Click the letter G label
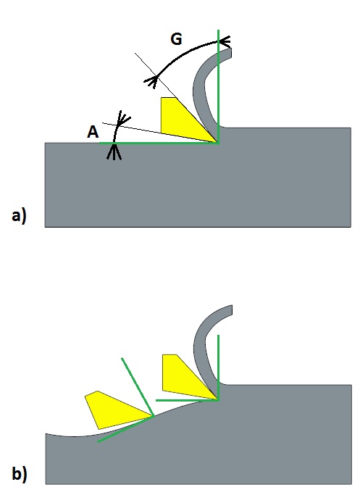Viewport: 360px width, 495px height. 176,39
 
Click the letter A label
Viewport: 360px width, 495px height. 93,132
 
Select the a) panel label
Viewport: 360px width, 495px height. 19,216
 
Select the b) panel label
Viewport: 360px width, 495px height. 20,473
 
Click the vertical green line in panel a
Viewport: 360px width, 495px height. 218,87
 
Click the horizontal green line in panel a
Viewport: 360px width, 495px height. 159,143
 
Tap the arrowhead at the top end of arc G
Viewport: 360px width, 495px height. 225,41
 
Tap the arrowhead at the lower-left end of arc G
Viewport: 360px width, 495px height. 151,81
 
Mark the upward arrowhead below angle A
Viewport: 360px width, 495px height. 114,152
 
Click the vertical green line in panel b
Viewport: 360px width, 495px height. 218,367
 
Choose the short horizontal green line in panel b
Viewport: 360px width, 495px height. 187,400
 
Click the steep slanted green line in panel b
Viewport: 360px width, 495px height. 138,387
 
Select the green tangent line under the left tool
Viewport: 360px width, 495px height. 125,429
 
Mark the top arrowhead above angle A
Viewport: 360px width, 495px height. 122,118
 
